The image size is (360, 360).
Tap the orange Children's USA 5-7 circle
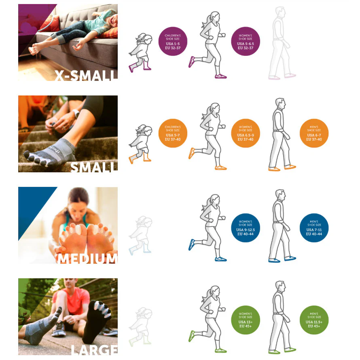tap(173, 133)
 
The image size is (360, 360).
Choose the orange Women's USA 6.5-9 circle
tap(246, 133)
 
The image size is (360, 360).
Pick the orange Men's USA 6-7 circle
tap(314, 133)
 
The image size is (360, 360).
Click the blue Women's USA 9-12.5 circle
tap(246, 228)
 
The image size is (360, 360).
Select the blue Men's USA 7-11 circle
tap(314, 228)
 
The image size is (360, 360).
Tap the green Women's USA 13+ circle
tap(246, 320)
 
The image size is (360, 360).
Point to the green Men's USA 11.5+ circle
tap(314, 320)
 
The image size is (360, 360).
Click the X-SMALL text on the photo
tap(86, 75)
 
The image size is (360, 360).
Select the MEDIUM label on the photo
tap(87, 258)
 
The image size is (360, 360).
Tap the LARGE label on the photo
tap(94, 350)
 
